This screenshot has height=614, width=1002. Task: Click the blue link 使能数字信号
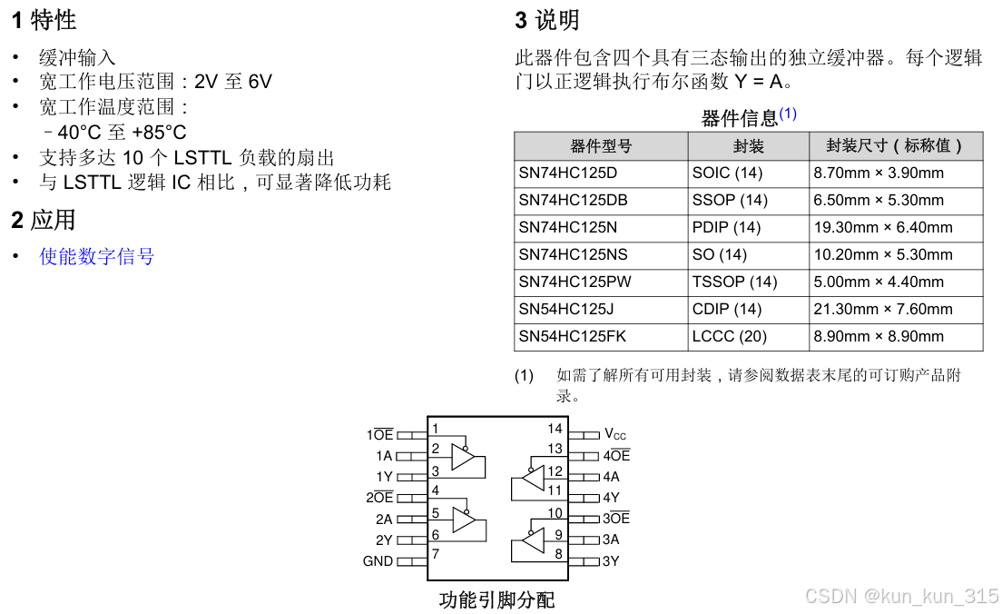[97, 257]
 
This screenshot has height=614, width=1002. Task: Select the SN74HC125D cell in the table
[567, 173]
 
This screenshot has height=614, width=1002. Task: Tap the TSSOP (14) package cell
[734, 282]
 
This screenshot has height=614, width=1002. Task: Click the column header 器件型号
[601, 146]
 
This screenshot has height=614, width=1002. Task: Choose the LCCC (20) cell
[729, 336]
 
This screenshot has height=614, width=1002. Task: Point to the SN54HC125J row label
[566, 309]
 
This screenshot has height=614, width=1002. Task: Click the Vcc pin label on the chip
[615, 435]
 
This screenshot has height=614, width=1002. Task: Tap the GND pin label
[378, 561]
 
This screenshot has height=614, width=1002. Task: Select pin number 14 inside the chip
[555, 429]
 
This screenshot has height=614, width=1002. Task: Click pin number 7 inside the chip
[436, 554]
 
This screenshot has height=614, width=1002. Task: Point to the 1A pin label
[384, 456]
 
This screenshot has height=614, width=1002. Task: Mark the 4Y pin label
[611, 498]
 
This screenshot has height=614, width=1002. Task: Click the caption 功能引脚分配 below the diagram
[496, 600]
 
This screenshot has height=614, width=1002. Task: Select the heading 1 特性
[44, 20]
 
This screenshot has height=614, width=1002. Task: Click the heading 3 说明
[546, 20]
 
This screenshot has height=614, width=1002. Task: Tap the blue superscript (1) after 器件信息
[788, 114]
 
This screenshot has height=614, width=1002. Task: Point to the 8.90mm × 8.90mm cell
[879, 336]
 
